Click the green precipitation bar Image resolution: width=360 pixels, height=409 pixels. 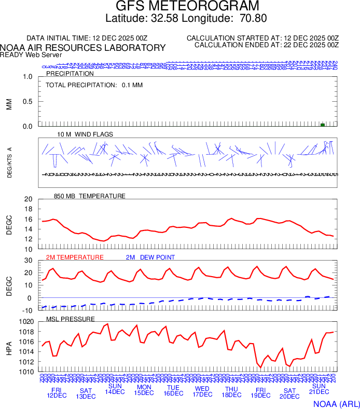323,125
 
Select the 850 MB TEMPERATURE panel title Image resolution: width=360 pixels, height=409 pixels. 90,196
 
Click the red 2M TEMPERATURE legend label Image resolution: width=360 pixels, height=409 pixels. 75,257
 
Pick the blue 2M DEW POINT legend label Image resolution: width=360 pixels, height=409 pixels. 150,257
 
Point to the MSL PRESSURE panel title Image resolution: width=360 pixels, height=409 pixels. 71,319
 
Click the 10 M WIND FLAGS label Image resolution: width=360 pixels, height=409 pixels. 85,134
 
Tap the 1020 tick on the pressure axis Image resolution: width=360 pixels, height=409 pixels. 26,322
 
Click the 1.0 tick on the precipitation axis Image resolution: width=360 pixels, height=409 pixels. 27,77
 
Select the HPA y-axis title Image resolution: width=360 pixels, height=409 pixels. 9,347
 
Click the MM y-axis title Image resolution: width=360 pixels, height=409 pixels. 9,102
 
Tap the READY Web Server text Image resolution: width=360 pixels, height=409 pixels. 31,54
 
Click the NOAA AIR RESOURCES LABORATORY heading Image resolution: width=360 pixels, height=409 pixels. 83,48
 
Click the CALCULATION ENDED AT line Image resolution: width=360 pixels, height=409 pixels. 266,45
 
